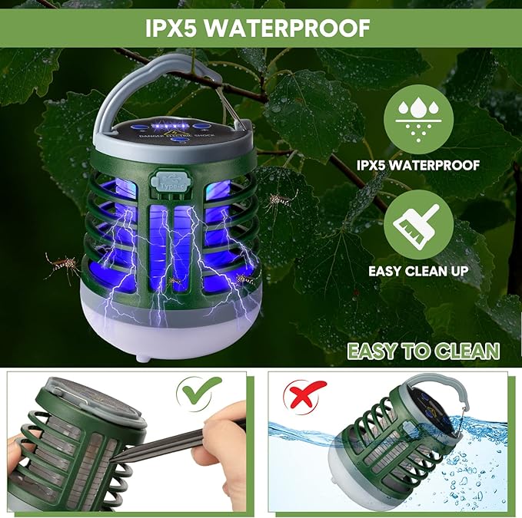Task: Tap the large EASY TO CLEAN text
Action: tap(423, 351)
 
